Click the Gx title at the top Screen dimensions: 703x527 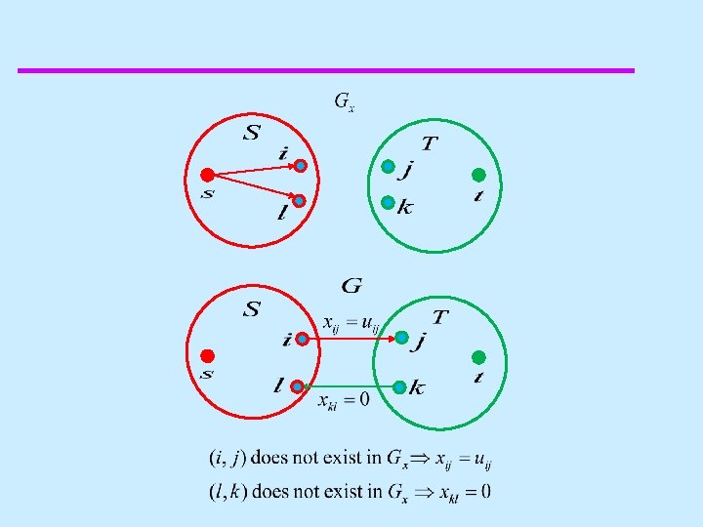click(x=344, y=101)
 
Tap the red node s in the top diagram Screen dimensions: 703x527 click(x=207, y=176)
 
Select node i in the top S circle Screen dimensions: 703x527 click(x=301, y=166)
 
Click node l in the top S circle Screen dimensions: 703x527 click(x=299, y=201)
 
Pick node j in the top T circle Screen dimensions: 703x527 click(x=388, y=167)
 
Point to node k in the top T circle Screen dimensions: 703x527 click(x=388, y=203)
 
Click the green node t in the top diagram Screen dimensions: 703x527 click(x=478, y=175)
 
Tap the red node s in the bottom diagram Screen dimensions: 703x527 click(x=207, y=355)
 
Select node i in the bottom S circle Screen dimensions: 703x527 click(x=303, y=340)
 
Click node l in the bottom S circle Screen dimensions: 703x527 click(x=297, y=386)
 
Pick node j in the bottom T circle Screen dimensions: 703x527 click(x=401, y=338)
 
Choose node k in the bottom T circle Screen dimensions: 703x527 click(x=399, y=386)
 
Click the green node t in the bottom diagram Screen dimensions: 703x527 click(x=478, y=355)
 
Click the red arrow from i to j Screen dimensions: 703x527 click(x=351, y=339)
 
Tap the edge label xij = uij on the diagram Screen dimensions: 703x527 click(x=351, y=322)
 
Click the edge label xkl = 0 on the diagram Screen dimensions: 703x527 click(x=343, y=401)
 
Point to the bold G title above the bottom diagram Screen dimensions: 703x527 click(x=351, y=286)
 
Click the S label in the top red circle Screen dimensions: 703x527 click(x=251, y=132)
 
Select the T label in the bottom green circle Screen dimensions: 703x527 click(x=440, y=318)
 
